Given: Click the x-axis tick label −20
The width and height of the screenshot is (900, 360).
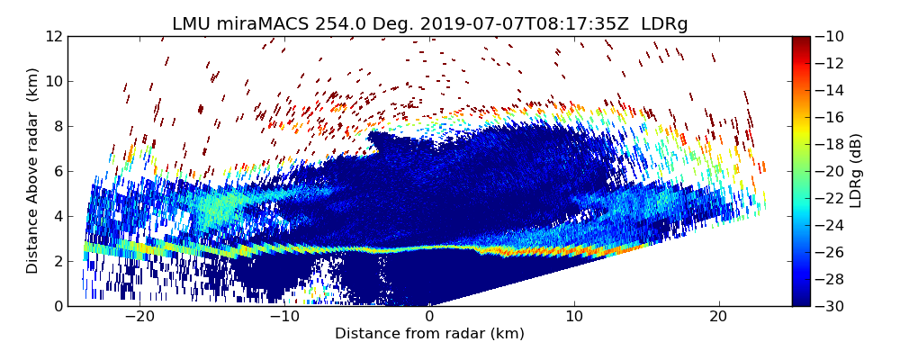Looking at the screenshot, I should point(139,317).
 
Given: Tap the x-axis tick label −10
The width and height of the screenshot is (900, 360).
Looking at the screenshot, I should point(284,317).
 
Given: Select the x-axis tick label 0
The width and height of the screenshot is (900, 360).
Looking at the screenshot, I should point(429,317).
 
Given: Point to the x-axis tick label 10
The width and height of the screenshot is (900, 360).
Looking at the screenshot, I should point(574,317).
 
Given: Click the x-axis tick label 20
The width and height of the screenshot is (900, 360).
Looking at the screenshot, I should point(718,317).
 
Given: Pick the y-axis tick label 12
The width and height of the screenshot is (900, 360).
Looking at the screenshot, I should point(52,36).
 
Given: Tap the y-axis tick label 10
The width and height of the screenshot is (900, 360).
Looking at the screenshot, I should point(52,81).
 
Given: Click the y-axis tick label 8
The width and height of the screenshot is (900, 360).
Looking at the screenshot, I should point(56,126).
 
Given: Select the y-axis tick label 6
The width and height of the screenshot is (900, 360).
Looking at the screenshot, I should point(56,171).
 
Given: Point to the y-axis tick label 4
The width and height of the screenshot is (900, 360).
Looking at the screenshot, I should point(56,216).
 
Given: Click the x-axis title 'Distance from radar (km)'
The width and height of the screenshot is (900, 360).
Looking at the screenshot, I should point(429,334).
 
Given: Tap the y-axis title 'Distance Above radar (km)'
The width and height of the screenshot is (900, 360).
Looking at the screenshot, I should point(32,170).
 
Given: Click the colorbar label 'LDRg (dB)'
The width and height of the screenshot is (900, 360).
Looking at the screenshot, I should point(856,170).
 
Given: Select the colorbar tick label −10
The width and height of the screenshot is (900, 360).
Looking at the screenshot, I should point(833,36).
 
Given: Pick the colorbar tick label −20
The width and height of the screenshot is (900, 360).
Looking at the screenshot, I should point(833,171).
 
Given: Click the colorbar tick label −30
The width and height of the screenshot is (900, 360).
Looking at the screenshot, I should point(833,306).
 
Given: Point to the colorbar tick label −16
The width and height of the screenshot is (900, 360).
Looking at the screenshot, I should point(833,117).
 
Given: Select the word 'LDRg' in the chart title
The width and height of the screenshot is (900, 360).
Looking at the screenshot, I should point(664,24).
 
